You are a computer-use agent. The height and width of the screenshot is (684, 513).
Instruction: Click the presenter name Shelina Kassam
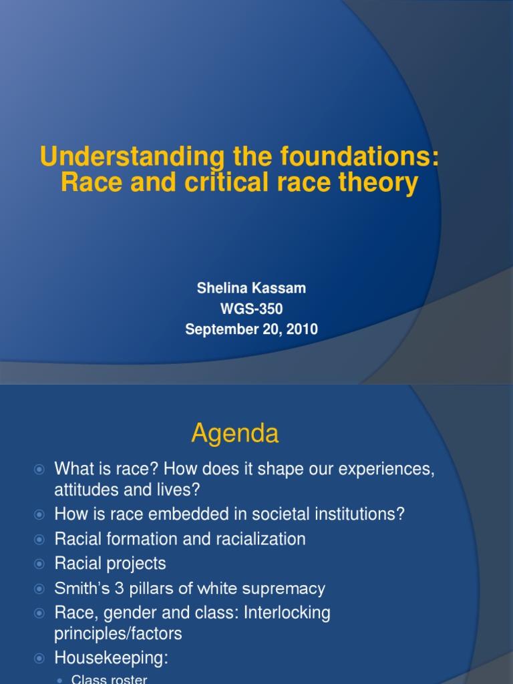[x=251, y=288]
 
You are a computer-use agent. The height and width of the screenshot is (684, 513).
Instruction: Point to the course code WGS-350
[x=251, y=308]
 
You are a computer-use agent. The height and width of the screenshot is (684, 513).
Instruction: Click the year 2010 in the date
[x=302, y=329]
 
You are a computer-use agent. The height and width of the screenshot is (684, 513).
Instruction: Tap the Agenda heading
[x=234, y=435]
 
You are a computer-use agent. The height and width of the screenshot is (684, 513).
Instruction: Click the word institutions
[x=360, y=514]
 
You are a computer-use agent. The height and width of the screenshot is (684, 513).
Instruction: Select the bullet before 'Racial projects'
[x=39, y=564]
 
